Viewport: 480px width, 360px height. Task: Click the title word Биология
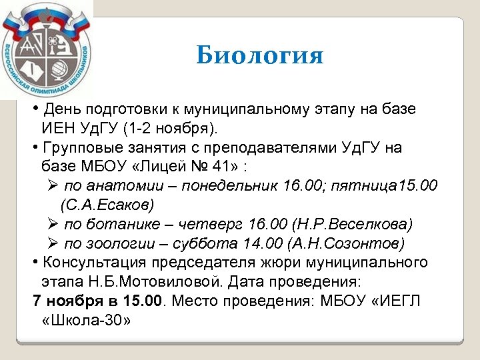click(259, 55)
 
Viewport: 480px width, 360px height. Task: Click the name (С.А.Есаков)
click(106, 204)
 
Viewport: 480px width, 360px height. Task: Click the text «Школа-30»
click(85, 320)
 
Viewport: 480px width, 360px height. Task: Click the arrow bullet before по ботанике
click(53, 223)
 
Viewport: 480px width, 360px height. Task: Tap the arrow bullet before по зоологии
click(53, 243)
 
